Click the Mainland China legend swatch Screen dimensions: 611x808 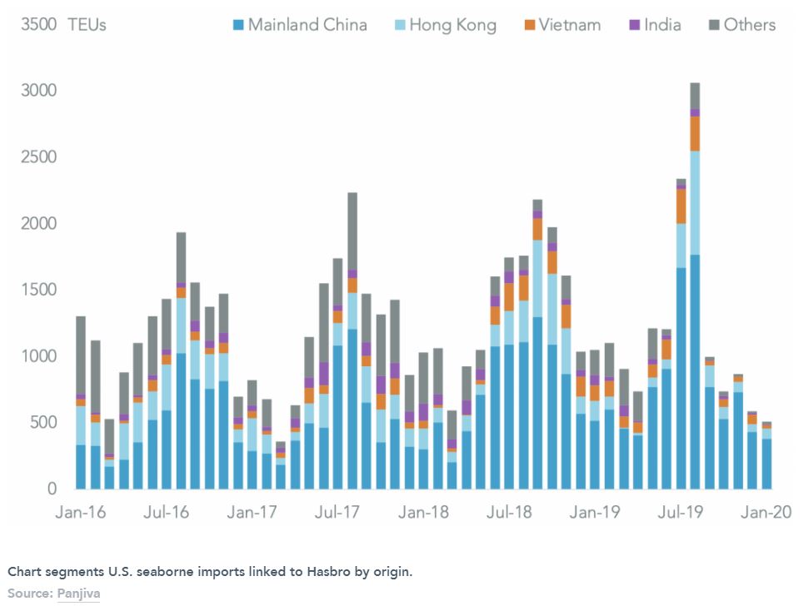pyautogui.click(x=239, y=25)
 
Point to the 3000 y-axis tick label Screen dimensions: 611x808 pyautogui.click(x=38, y=91)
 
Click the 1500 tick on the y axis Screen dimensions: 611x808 pyautogui.click(x=38, y=290)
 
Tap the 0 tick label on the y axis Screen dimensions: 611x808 pyautogui.click(x=51, y=489)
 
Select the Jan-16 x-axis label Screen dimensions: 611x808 pyautogui.click(x=82, y=512)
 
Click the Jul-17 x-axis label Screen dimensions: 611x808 pyautogui.click(x=337, y=512)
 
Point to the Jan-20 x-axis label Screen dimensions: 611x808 pyautogui.click(x=766, y=512)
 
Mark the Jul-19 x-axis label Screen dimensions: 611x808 pyautogui.click(x=681, y=512)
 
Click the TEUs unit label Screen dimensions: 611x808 pyautogui.click(x=87, y=25)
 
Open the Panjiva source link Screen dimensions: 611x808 pyautogui.click(x=78, y=594)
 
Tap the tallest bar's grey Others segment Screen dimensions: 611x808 pyautogui.click(x=695, y=96)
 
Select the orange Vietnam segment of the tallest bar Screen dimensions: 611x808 pyautogui.click(x=695, y=133)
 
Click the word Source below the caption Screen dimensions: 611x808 pyautogui.click(x=29, y=594)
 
